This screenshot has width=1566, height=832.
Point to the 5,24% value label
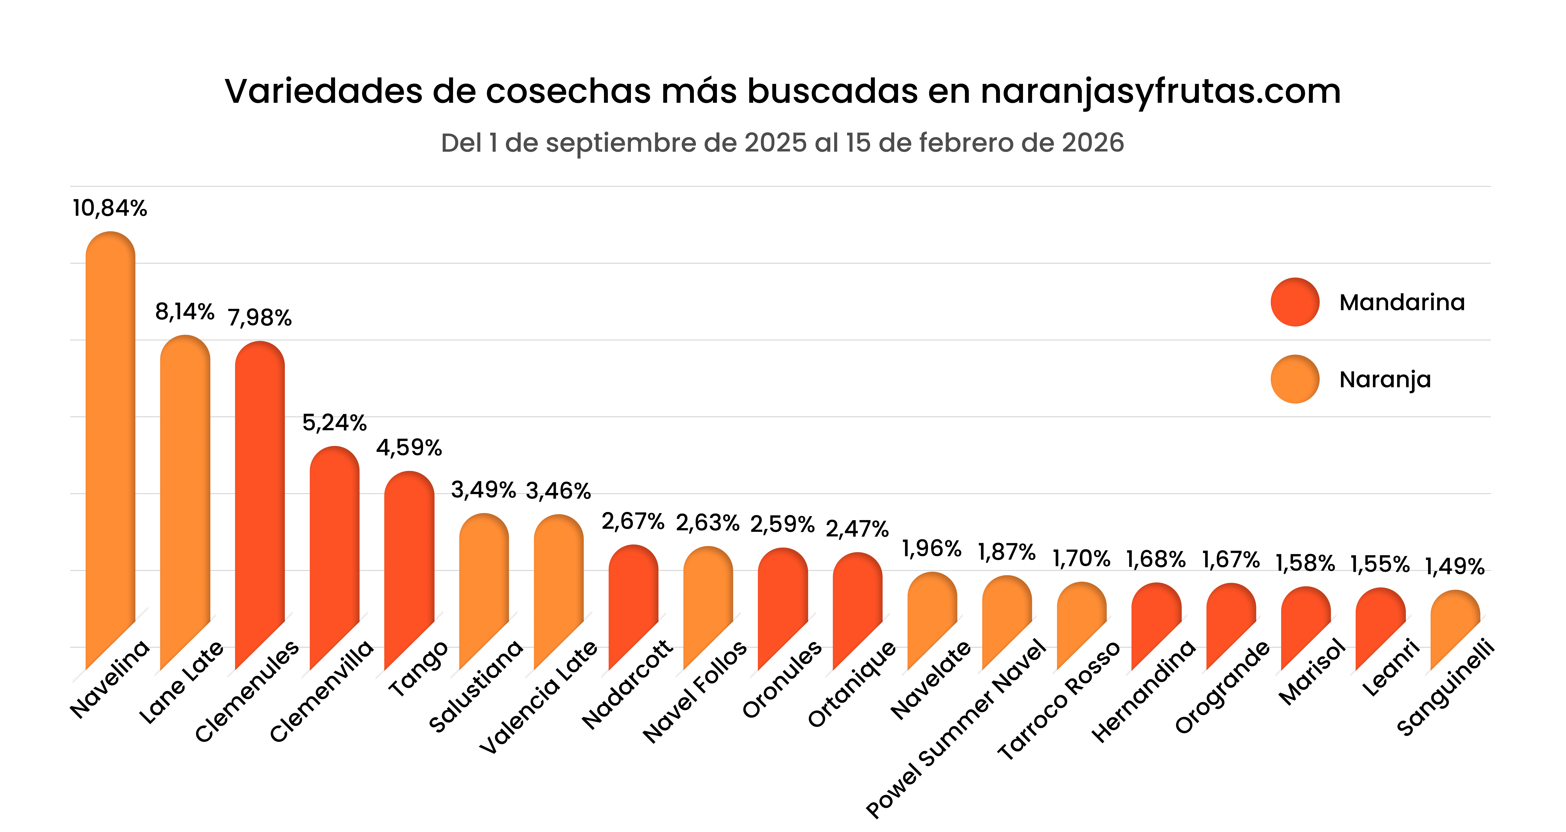pos(334,423)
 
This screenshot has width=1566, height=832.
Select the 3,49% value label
pos(483,490)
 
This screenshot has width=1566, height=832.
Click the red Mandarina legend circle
pos(1295,302)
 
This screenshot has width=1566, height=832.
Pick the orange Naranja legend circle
pos(1295,379)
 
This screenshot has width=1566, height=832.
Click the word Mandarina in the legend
pos(1402,302)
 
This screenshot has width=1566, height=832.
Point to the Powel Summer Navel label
pos(956,729)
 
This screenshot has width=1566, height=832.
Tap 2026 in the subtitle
pos(1093,143)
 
